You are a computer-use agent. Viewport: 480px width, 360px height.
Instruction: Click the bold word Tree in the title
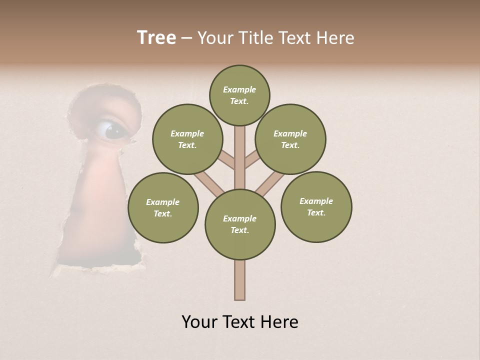[156, 38]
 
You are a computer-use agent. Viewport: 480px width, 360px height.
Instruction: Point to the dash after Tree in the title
[186, 38]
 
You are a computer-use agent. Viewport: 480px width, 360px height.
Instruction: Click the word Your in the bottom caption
[199, 322]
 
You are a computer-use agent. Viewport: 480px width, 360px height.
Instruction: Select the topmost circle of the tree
[239, 95]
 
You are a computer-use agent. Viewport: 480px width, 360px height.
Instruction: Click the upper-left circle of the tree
[187, 139]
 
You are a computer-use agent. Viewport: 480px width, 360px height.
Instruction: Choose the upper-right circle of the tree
[290, 139]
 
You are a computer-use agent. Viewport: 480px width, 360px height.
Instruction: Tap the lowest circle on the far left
[163, 207]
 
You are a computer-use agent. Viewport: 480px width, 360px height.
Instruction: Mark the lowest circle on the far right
[316, 206]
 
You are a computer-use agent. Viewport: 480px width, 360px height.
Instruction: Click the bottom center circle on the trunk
[240, 224]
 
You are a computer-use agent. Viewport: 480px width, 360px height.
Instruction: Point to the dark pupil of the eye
[113, 130]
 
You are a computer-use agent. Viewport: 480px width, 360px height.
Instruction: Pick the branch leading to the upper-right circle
[252, 161]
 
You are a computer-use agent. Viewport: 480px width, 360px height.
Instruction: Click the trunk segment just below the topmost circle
[240, 145]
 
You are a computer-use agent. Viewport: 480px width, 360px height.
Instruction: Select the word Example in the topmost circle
[239, 89]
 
